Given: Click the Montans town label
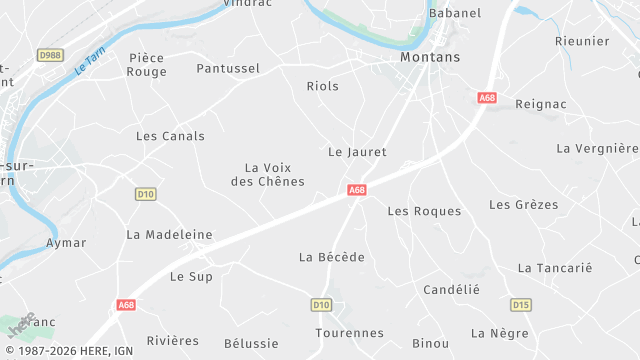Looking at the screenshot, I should click(430, 57).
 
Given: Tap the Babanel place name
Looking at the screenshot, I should click(454, 13).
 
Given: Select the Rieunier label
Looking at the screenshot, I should click(581, 41).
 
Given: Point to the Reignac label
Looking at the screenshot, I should click(541, 104).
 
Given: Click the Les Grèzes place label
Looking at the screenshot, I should click(523, 204).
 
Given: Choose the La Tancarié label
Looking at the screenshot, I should click(555, 268).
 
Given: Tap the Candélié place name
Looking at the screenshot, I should click(452, 289).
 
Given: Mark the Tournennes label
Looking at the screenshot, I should click(349, 333).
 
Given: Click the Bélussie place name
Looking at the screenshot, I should click(251, 343).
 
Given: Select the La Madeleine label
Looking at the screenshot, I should click(170, 234).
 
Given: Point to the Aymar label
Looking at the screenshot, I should click(66, 243).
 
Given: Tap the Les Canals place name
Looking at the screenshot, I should click(170, 136).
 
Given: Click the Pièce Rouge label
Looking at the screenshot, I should click(147, 65).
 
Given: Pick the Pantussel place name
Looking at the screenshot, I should click(228, 68).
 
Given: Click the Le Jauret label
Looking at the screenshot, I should click(357, 152).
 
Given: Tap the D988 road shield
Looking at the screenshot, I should click(50, 55).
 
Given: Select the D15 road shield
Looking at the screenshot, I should click(520, 304).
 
